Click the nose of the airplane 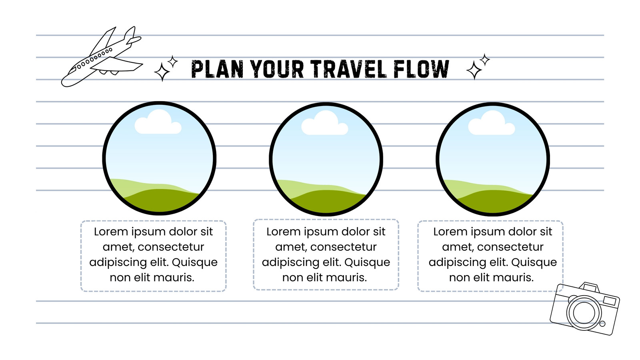[x=65, y=82]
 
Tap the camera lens [x=584, y=312]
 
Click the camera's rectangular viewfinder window [x=610, y=300]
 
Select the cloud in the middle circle [x=325, y=123]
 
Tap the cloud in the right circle [x=492, y=123]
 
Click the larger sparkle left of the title [x=162, y=72]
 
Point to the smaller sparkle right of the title [x=484, y=60]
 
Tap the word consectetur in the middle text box [x=344, y=247]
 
